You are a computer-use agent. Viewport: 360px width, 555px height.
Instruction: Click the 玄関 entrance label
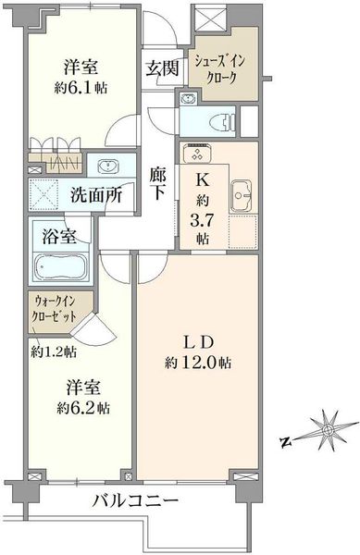point(163,68)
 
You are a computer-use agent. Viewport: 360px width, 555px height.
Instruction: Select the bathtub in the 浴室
point(61,267)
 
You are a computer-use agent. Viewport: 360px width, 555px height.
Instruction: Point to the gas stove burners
point(197,153)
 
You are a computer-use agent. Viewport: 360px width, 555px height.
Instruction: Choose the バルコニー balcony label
point(135,501)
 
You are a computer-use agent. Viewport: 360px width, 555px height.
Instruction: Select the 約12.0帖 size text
point(198,363)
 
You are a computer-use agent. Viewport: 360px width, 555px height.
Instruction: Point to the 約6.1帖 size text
point(81,88)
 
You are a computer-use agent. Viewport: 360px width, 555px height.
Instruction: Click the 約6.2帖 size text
point(83,409)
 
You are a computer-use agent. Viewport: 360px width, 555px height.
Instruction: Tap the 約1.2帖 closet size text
point(53,351)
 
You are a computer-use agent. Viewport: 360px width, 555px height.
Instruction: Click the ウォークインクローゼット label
point(54,308)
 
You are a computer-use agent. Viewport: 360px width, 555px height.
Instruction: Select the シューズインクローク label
point(219,69)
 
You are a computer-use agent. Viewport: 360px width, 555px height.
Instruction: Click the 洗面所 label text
point(96,195)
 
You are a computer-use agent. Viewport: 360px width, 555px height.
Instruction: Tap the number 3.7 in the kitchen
point(202,221)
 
